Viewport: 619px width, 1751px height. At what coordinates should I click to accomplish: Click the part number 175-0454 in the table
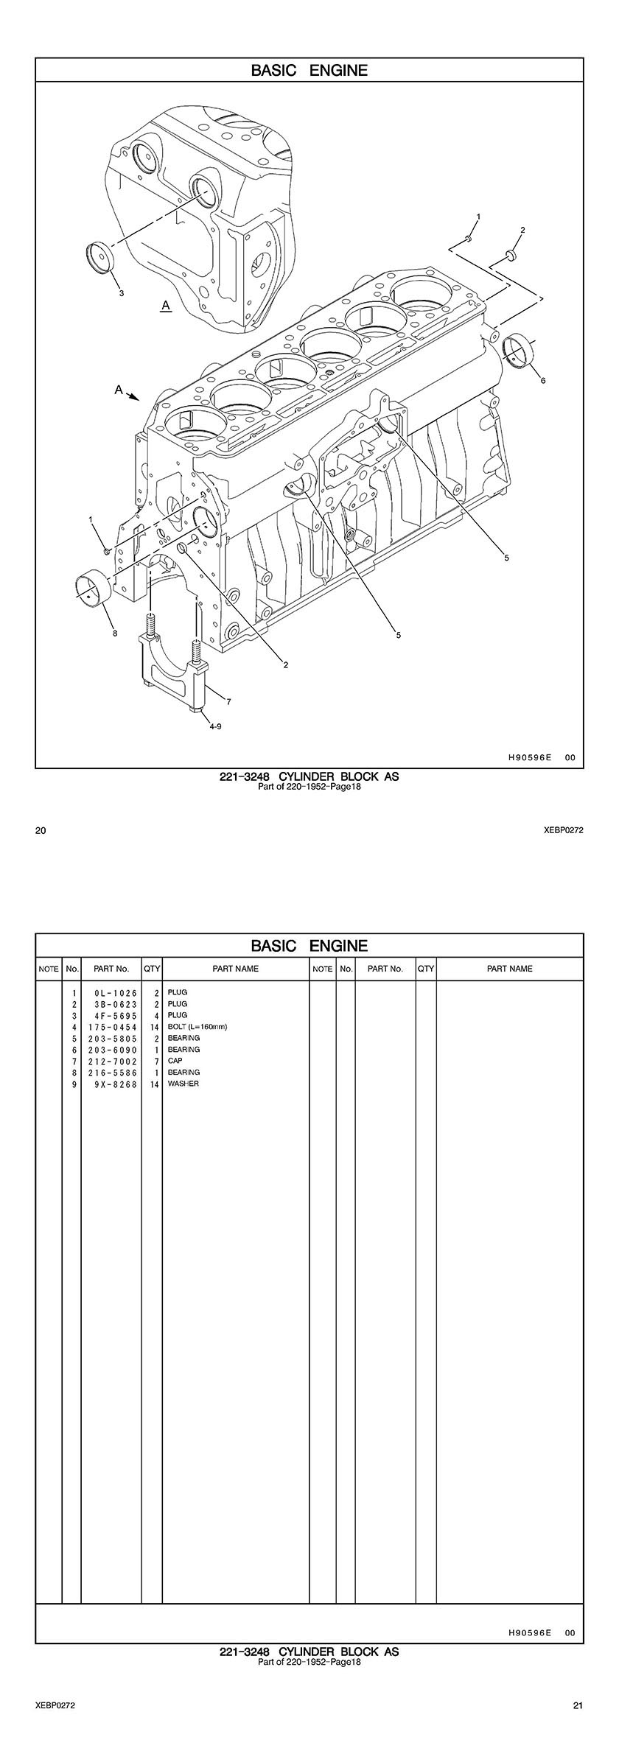pyautogui.click(x=111, y=1027)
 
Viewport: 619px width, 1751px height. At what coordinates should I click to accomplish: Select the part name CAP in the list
pyautogui.click(x=175, y=1061)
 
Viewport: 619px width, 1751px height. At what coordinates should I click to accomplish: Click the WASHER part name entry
pyautogui.click(x=183, y=1084)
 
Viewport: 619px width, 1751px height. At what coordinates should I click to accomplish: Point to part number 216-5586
pyautogui.click(x=111, y=1073)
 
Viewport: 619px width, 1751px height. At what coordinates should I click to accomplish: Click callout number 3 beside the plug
pyautogui.click(x=122, y=292)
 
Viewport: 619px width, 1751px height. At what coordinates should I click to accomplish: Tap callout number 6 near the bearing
pyautogui.click(x=543, y=380)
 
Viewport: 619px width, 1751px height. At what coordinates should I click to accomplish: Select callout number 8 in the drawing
pyautogui.click(x=114, y=632)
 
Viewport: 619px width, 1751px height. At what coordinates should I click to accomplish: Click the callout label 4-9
pyautogui.click(x=215, y=726)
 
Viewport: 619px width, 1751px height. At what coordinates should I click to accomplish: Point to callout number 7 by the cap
pyautogui.click(x=228, y=701)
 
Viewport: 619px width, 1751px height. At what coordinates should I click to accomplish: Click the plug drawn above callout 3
pyautogui.click(x=98, y=256)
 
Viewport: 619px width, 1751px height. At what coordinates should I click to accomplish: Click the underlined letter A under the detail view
pyautogui.click(x=166, y=304)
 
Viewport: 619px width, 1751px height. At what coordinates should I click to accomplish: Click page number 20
pyautogui.click(x=41, y=831)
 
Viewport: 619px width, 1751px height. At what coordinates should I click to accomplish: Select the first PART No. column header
pyautogui.click(x=111, y=969)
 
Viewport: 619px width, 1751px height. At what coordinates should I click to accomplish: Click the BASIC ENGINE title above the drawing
pyautogui.click(x=309, y=71)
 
